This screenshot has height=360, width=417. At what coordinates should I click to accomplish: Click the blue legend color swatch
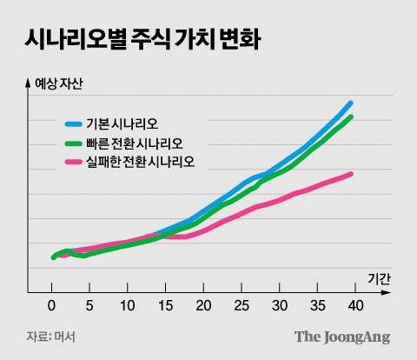pos(74,123)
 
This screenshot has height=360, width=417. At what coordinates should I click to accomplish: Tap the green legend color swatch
pos(74,143)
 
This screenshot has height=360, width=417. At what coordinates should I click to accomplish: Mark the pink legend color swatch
pos(74,162)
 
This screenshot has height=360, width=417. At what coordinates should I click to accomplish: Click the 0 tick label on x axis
pos(52,306)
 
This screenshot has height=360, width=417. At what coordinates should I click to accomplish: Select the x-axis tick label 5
pos(89,306)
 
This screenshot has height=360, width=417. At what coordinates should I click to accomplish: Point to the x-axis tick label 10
pos(128,306)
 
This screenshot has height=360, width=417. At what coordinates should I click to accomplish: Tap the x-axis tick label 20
pos(203,306)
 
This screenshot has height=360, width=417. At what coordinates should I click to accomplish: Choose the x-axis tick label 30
pos(279,306)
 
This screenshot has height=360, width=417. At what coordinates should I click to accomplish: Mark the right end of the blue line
pos(350,103)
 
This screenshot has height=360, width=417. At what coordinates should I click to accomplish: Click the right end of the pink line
pos(350,174)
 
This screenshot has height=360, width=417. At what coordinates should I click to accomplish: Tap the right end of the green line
pos(350,117)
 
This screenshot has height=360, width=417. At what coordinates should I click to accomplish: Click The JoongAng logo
pos(341,337)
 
